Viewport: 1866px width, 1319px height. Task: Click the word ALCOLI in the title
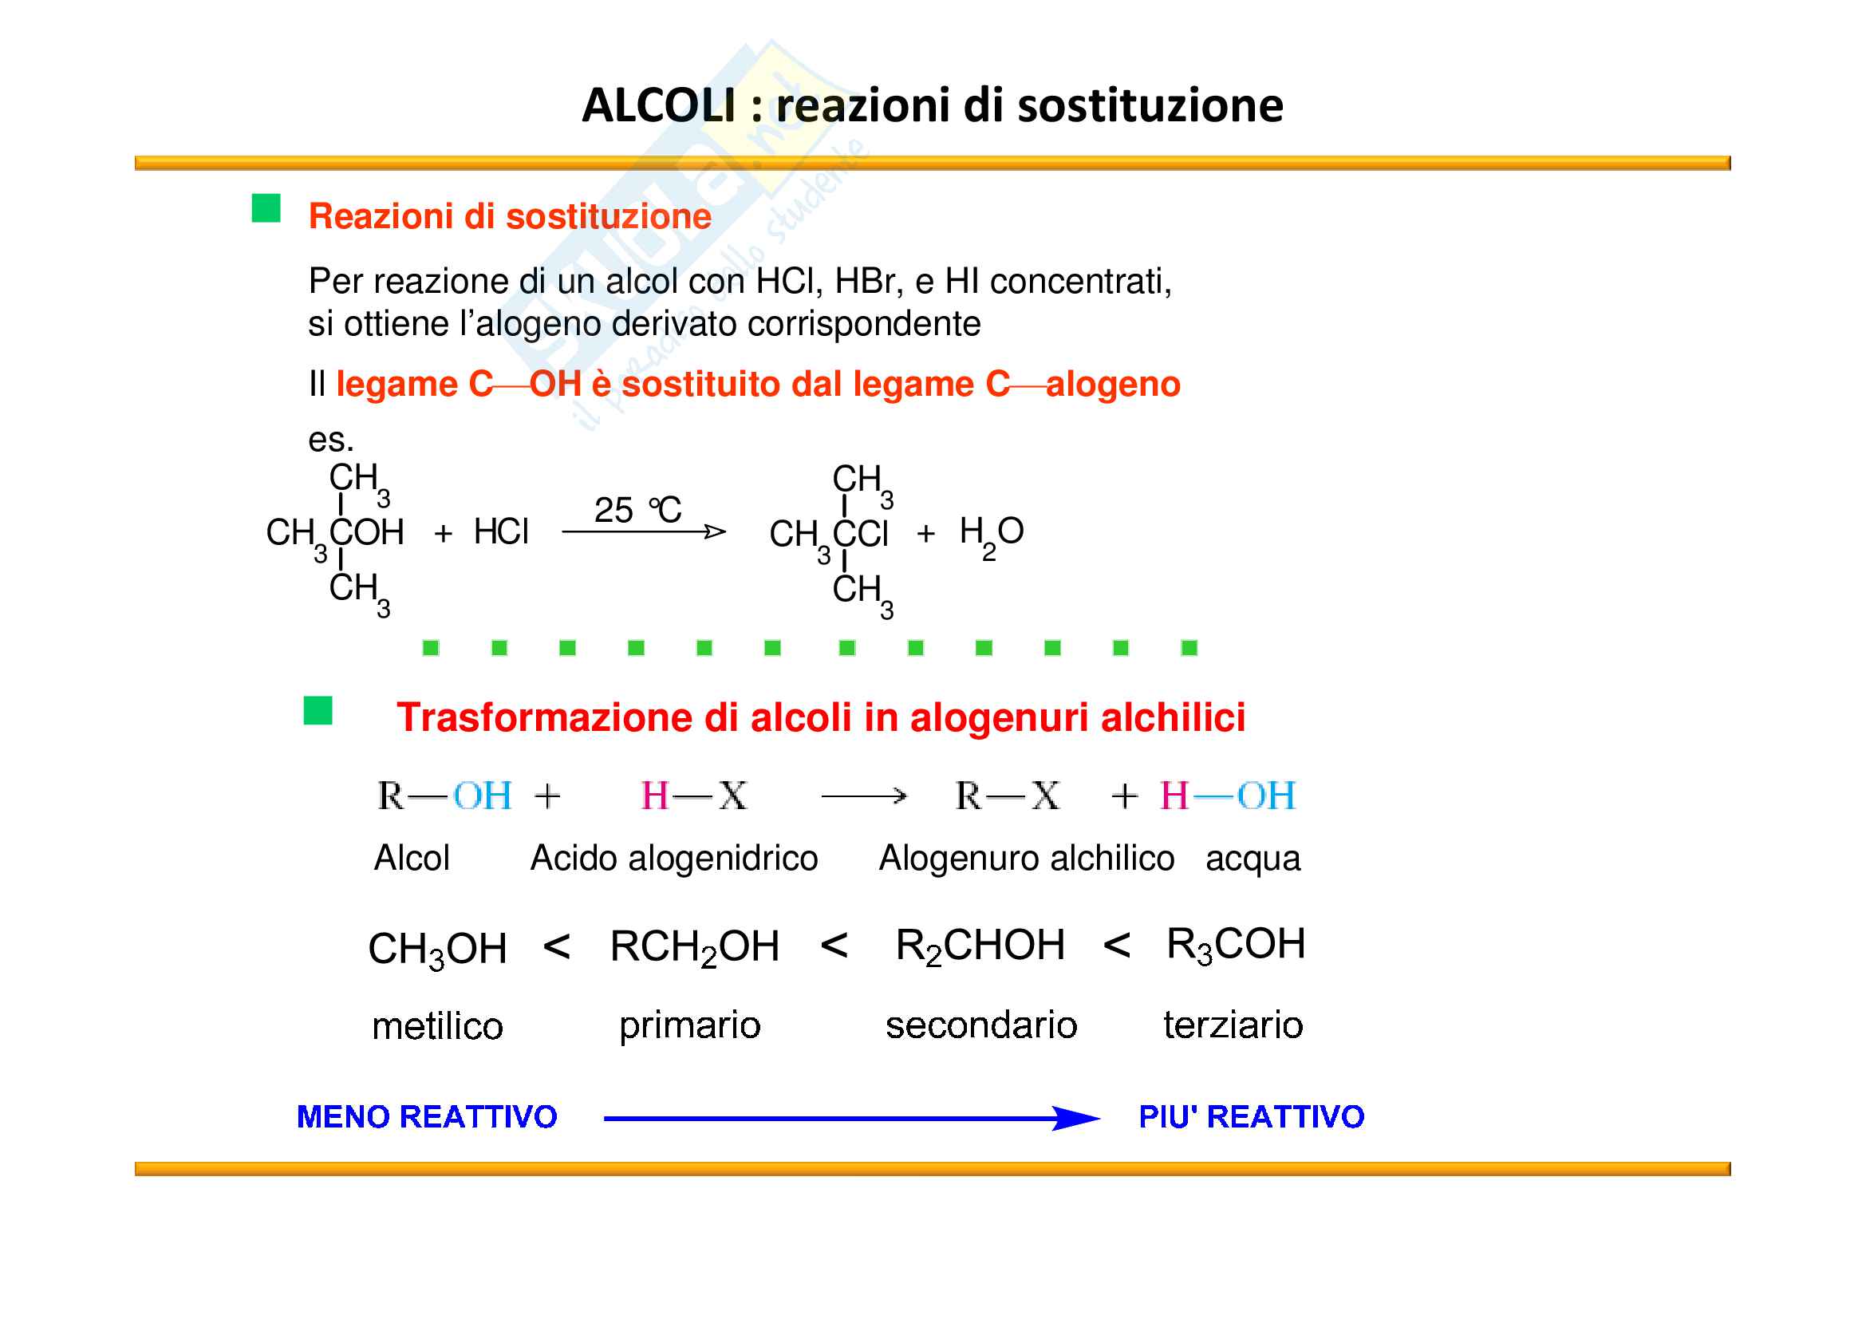coord(659,105)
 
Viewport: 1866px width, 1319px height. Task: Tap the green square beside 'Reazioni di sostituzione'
coord(266,208)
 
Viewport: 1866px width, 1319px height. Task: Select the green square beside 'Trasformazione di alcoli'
coord(318,710)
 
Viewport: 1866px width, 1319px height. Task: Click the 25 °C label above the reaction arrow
coord(637,510)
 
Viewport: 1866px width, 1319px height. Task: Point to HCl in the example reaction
coord(501,531)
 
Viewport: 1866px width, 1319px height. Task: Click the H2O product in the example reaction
coord(992,537)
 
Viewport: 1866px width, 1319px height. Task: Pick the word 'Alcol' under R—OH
coord(411,858)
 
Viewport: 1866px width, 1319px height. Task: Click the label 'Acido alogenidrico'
coord(674,859)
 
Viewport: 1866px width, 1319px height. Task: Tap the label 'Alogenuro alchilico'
coord(1027,859)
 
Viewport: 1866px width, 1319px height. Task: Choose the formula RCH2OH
coord(695,948)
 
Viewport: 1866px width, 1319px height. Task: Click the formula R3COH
coord(1236,945)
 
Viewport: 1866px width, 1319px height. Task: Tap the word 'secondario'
coord(981,1025)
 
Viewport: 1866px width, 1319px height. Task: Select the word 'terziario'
coord(1233,1025)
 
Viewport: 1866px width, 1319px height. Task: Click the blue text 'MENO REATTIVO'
coord(427,1116)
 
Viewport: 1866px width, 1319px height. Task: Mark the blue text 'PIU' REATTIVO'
coord(1252,1116)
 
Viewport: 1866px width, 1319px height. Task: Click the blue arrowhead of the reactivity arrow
coord(1077,1118)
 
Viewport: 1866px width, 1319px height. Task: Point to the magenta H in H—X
coord(654,796)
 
